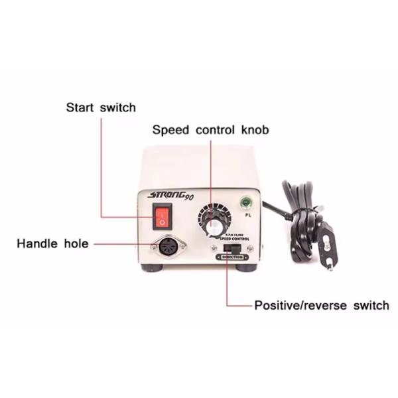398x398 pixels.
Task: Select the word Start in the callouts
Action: pyautogui.click(x=80, y=107)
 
